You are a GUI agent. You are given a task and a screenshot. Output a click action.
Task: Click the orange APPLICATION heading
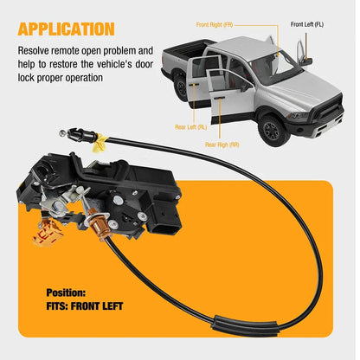(66, 29)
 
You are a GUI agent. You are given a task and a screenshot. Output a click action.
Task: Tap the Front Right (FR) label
(215, 25)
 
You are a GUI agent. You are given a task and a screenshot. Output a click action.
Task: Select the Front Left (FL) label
(307, 24)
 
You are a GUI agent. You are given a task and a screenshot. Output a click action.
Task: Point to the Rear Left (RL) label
(190, 127)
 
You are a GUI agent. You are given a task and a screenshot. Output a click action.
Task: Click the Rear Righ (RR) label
(222, 145)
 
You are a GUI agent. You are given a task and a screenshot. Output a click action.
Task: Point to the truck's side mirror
(305, 61)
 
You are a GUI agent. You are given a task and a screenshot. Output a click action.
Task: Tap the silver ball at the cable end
(62, 133)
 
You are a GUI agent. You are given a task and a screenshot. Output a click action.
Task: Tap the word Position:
(66, 292)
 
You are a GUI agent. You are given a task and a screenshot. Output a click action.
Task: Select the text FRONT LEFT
(97, 306)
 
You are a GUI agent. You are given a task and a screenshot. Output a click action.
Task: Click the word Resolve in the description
(34, 51)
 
